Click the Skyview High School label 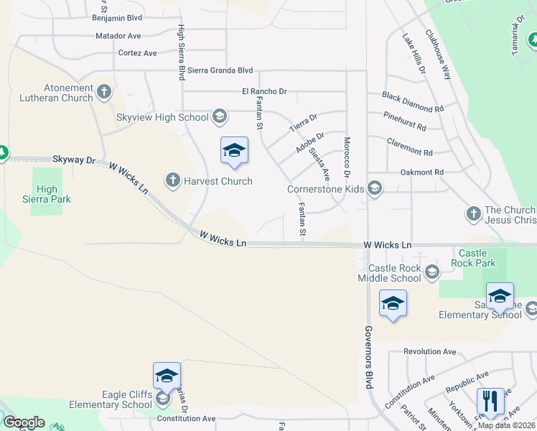click(x=162, y=117)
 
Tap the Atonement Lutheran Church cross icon click(x=104, y=92)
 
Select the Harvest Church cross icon click(x=172, y=180)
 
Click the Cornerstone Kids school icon click(x=374, y=189)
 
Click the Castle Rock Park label click(x=473, y=258)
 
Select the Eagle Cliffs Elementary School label click(x=106, y=399)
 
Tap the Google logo click(x=24, y=422)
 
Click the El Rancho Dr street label click(x=264, y=91)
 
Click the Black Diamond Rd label click(x=413, y=102)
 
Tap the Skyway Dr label click(x=74, y=159)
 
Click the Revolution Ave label click(x=430, y=352)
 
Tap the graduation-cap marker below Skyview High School click(x=234, y=150)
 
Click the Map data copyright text click(x=507, y=425)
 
